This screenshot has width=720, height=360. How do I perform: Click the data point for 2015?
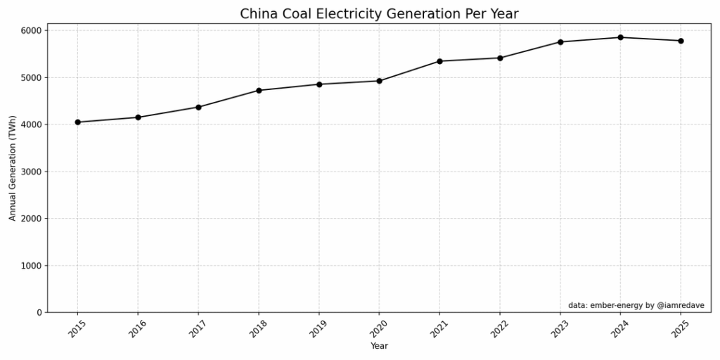pos(77,122)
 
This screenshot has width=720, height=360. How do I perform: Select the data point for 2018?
pos(259,90)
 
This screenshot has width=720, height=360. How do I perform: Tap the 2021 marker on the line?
pos(439,61)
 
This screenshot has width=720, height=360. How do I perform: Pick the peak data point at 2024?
pos(620,37)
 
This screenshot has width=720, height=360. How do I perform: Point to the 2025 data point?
pos(681,41)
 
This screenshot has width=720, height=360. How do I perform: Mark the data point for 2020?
pos(379,81)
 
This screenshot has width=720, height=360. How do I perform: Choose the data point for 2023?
pos(560,41)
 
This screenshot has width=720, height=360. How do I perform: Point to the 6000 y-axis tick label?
pos(32,31)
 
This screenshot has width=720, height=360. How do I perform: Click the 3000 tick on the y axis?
pos(32,172)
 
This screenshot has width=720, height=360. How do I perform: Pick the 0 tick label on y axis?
pos(40,312)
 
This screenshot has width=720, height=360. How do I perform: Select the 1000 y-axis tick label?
pos(32,266)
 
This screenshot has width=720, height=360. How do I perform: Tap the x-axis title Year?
pos(379,346)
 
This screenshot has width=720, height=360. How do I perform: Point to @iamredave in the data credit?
pos(679,305)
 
